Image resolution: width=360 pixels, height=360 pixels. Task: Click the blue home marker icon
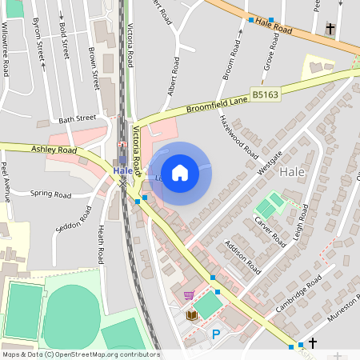[180, 173]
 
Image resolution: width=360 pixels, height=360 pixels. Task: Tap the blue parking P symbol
[214, 334]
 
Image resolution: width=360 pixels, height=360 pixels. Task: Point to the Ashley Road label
[54, 150]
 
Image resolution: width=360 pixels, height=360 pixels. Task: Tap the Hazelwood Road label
[239, 134]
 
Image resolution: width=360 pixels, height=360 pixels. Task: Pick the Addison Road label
[243, 256]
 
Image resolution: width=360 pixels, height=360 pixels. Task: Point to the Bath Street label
[77, 119]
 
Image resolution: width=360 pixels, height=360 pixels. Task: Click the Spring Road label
[51, 194]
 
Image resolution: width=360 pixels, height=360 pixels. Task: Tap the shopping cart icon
[189, 295]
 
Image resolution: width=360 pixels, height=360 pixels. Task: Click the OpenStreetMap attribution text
[81, 354]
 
